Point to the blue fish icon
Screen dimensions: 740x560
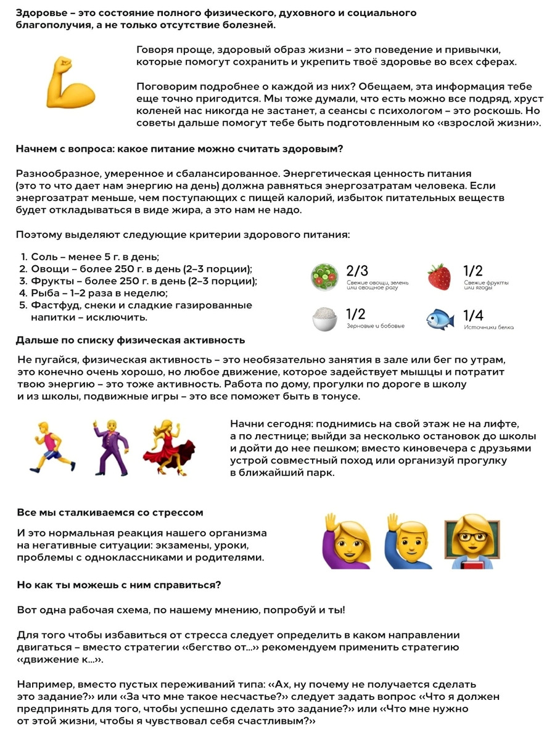440,319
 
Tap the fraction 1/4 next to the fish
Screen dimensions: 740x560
474,315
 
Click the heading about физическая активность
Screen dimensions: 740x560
130,340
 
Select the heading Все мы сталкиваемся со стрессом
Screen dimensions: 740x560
110,512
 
